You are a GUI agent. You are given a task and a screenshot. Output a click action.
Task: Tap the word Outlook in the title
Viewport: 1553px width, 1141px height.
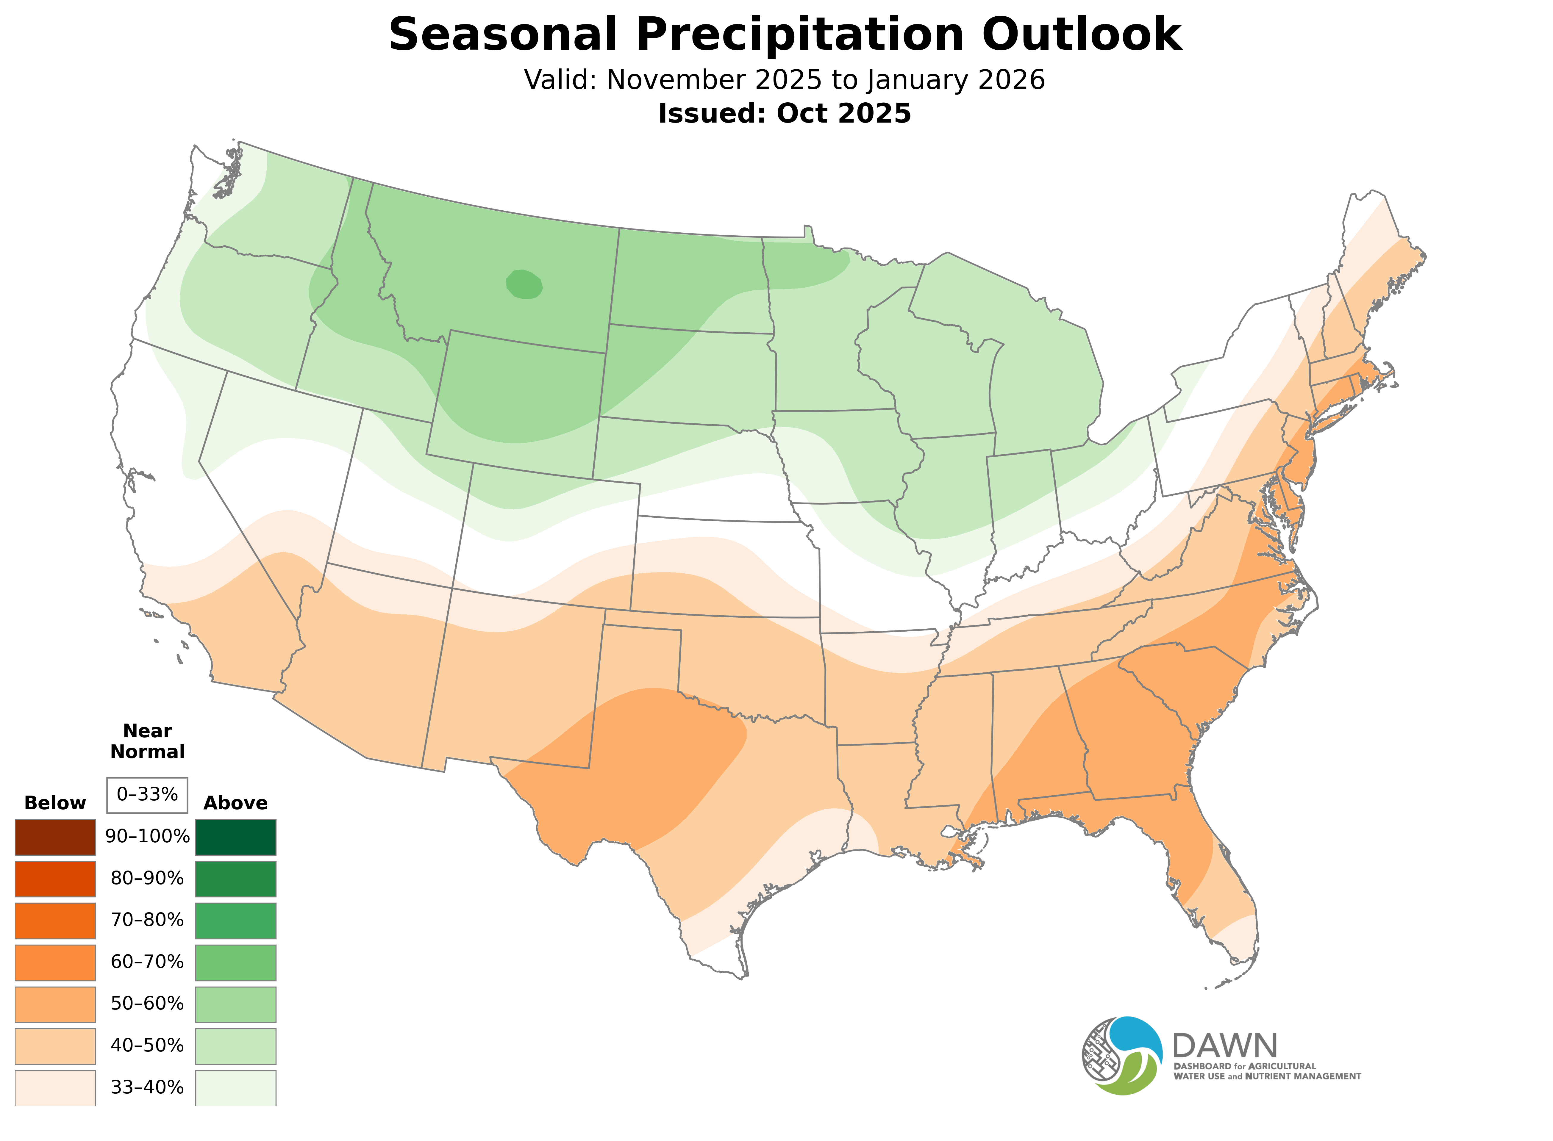click(x=1082, y=35)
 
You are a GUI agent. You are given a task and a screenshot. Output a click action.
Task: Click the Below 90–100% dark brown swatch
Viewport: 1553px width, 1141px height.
click(x=55, y=837)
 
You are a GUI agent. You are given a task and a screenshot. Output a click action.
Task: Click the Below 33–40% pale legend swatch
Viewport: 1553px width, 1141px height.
click(x=55, y=1088)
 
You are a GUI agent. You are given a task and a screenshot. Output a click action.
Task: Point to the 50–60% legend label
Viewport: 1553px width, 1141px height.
click(x=147, y=1004)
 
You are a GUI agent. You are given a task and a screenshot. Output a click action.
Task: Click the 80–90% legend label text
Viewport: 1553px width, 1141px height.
click(x=147, y=879)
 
